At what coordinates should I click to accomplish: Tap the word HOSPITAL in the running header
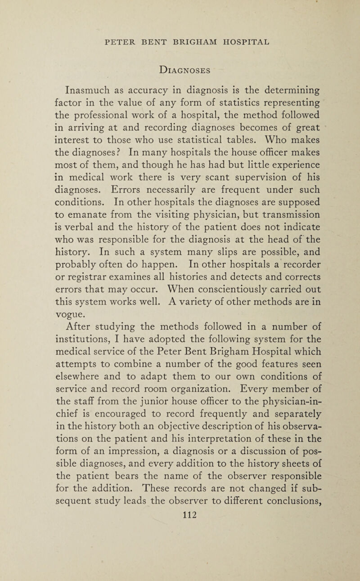click(x=237, y=42)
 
